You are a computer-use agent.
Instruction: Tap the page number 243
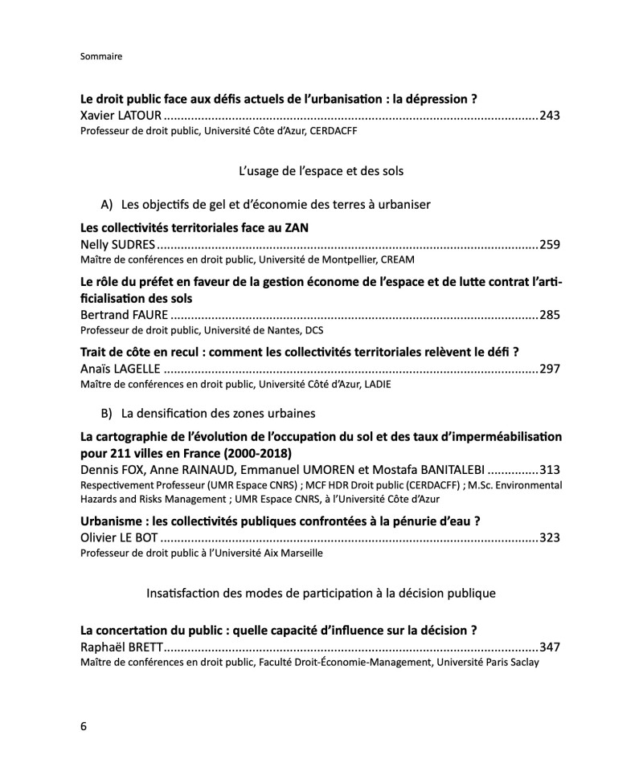550,116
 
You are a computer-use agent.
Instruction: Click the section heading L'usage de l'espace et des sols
321,171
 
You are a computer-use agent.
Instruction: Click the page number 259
550,245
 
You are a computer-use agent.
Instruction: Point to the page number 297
550,369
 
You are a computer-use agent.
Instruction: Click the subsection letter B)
107,413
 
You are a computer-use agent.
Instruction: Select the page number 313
550,470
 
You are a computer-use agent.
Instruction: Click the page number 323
550,537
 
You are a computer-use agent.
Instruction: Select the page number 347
550,647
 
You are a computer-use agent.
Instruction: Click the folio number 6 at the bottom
84,726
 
